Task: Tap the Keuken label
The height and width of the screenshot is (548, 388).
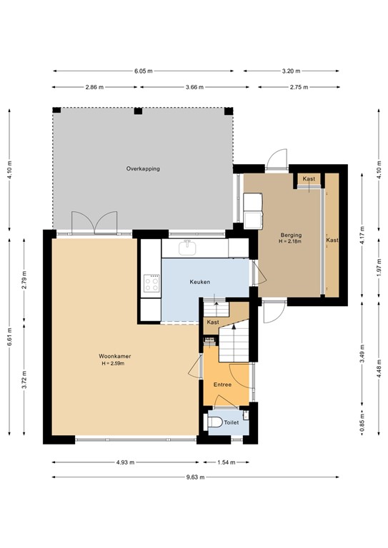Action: pos(199,282)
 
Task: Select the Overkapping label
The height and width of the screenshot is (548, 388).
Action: pos(142,169)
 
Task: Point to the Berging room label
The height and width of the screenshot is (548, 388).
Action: pos(291,235)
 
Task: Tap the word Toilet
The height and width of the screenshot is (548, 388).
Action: pos(232,422)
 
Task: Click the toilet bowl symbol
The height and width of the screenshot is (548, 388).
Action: pos(215,422)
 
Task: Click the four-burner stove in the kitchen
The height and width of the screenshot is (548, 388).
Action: pos(151,284)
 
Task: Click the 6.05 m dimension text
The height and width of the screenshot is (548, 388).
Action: pos(143,71)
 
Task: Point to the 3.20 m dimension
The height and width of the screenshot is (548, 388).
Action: pos(291,71)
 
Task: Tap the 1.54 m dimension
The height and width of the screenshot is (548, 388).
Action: pos(226,462)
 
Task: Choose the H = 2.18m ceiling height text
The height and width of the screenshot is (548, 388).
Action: pos(291,242)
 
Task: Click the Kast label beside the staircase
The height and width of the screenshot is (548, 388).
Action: pos(212,323)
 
